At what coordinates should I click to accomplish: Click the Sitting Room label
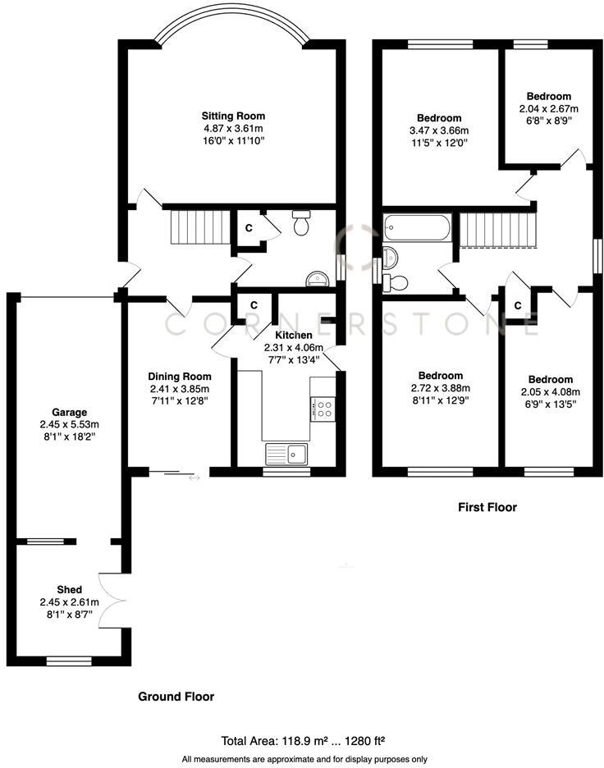click(234, 116)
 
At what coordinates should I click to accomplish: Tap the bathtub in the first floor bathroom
click(418, 227)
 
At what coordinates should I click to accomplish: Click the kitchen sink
click(286, 452)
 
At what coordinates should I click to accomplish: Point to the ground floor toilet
click(300, 224)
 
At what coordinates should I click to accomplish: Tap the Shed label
click(69, 589)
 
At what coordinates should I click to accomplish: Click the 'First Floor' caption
click(487, 507)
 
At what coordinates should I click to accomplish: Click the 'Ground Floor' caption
click(176, 697)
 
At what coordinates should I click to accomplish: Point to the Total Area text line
click(304, 739)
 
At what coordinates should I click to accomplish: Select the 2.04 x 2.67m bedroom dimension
click(548, 108)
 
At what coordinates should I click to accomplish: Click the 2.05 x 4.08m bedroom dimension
click(549, 391)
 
